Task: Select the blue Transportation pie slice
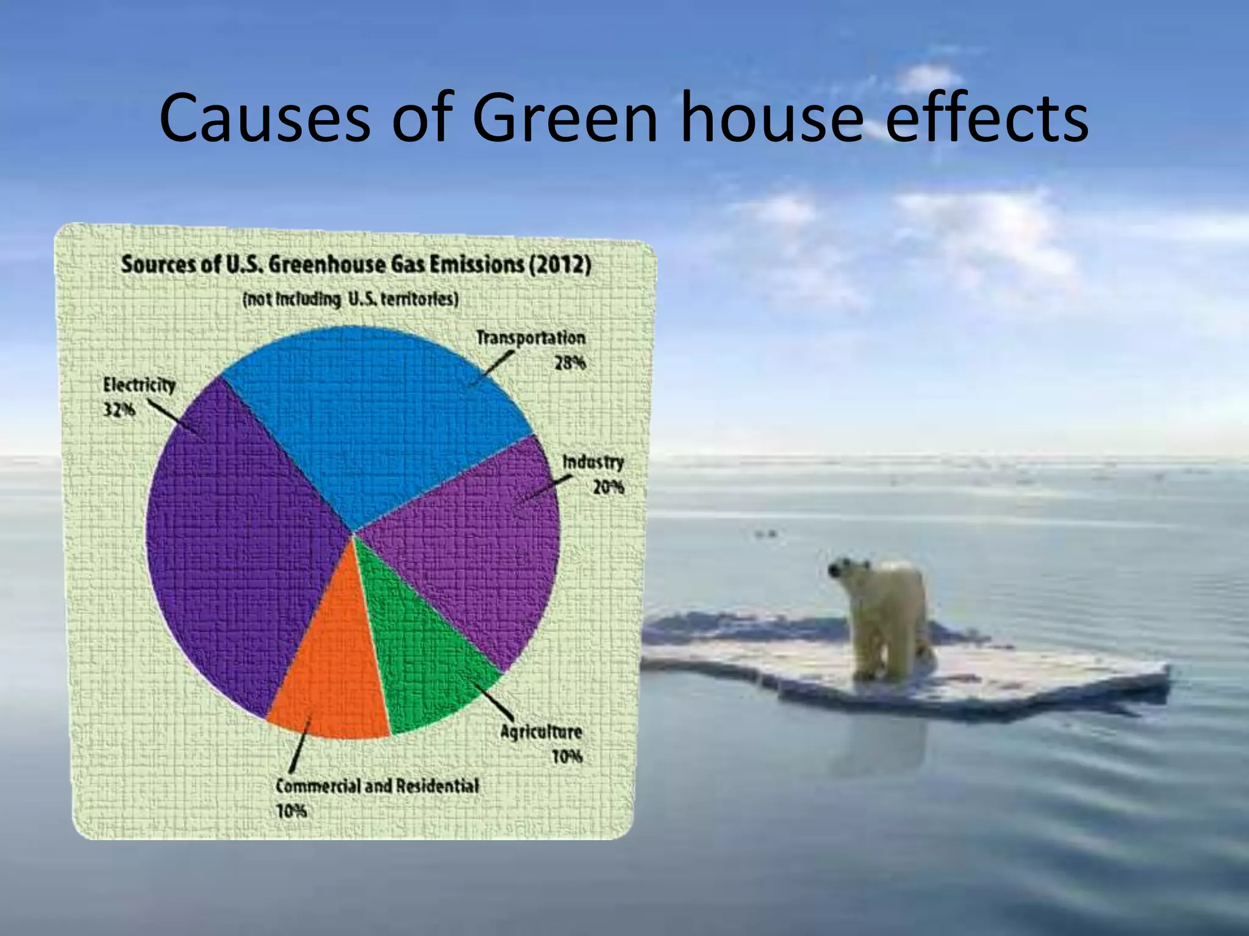coord(378,420)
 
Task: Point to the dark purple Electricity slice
coord(244,548)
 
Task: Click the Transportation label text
coord(530,338)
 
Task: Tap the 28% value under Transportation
coord(570,363)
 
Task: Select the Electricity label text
coord(139,385)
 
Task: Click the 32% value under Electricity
coord(118,410)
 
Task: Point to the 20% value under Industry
coord(608,487)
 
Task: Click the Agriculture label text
coord(540,732)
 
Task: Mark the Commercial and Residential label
coord(377,786)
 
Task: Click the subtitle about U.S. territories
coord(350,300)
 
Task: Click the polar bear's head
coord(844,570)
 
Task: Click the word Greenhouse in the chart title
coord(327,265)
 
